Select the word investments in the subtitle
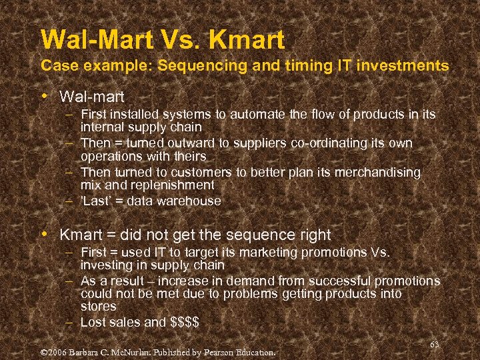pos(396,66)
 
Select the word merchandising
pos(379,172)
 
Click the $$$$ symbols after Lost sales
pos(184,322)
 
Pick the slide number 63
pos(434,344)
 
